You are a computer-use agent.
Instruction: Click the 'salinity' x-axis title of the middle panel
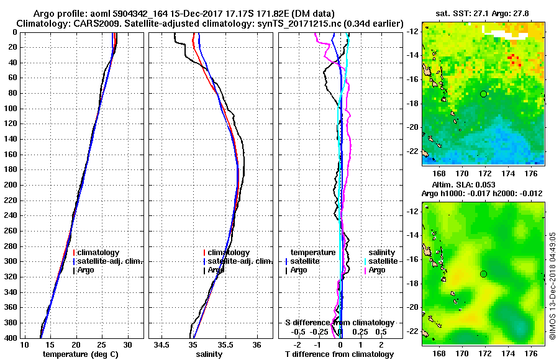click(209, 354)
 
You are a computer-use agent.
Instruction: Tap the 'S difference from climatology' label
click(339, 323)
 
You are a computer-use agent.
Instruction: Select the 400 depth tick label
click(11, 338)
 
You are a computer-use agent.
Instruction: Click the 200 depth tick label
click(11, 185)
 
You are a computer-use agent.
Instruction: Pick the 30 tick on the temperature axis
click(127, 345)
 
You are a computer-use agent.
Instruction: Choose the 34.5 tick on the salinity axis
click(163, 345)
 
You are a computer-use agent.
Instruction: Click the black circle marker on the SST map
click(484, 94)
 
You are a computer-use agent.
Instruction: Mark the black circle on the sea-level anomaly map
click(484, 274)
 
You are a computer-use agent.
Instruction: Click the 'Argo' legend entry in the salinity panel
click(216, 270)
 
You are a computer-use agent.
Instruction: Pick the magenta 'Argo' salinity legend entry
click(377, 270)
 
